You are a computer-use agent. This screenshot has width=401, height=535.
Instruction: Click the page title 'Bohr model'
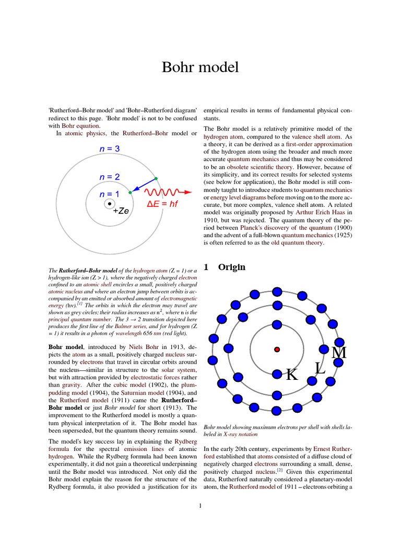(200, 67)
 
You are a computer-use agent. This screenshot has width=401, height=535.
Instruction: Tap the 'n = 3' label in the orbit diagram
(110, 149)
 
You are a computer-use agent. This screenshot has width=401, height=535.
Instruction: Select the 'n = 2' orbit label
(110, 177)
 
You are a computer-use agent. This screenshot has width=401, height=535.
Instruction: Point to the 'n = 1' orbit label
(109, 194)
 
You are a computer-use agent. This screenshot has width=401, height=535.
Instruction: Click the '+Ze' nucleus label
(121, 211)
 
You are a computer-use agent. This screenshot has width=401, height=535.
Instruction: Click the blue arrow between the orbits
(142, 186)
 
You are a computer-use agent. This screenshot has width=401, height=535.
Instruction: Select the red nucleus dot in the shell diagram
(277, 349)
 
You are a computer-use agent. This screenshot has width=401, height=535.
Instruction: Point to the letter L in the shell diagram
(320, 368)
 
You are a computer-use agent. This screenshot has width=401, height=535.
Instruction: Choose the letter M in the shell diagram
(339, 353)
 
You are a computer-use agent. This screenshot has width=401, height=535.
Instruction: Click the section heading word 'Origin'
(231, 267)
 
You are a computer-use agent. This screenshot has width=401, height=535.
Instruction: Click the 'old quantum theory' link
(297, 242)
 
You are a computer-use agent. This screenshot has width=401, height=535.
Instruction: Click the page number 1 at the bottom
(200, 505)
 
